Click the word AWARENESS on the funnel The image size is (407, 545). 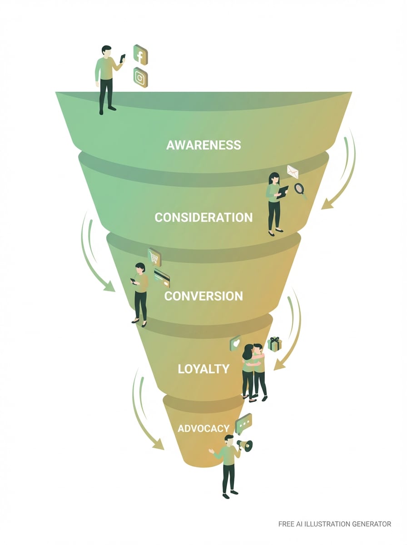pyautogui.click(x=203, y=145)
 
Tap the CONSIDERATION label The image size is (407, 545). pyautogui.click(x=203, y=218)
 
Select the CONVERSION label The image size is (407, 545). pyautogui.click(x=203, y=296)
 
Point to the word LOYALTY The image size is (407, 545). pyautogui.click(x=203, y=368)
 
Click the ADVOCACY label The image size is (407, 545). pyautogui.click(x=203, y=428)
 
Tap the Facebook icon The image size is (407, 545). pyautogui.click(x=140, y=55)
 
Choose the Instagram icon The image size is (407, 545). pyautogui.click(x=140, y=77)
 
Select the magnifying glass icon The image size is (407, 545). pyautogui.click(x=300, y=188)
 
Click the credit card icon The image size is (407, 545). pyautogui.click(x=162, y=277)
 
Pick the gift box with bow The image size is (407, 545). pyautogui.click(x=274, y=344)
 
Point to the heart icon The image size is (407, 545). pyautogui.click(x=235, y=343)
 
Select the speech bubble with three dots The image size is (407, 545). pyautogui.click(x=244, y=423)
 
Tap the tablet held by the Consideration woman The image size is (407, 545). pyautogui.click(x=283, y=191)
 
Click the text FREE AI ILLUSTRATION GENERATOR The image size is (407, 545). pyautogui.click(x=334, y=524)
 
